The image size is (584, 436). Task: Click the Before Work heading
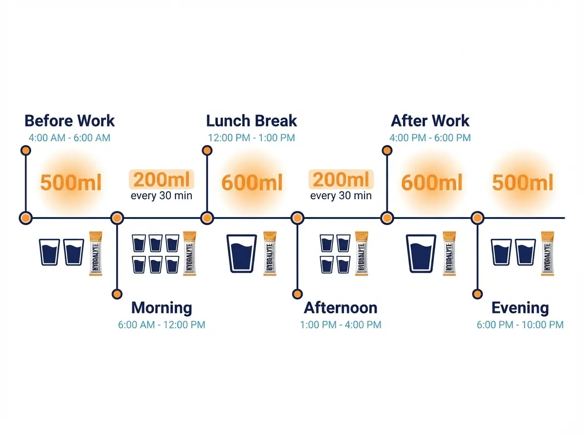coord(70,121)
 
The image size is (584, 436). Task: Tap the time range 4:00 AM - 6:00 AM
coord(70,138)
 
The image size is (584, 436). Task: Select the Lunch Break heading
coord(252,121)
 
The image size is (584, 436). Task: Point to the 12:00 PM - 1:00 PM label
coord(252,138)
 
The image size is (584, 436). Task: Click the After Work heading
coord(430,121)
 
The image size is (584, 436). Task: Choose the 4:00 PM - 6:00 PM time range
coord(430,138)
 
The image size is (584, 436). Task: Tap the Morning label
coord(162,308)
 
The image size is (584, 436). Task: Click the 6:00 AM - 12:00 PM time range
coord(162,325)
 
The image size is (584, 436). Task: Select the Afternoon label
coord(341,308)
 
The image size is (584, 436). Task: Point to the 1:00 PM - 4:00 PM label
coord(341,325)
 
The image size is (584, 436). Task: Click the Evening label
coord(520,308)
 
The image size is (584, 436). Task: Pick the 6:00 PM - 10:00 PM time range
coord(520,325)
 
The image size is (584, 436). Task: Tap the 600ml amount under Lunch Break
coord(252,183)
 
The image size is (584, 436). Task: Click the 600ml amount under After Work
coord(432,183)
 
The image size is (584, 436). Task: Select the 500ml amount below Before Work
coord(71,183)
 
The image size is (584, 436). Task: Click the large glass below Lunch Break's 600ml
coord(242,253)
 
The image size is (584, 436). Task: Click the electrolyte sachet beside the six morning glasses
coord(189,253)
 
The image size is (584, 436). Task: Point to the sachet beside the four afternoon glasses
coord(361,253)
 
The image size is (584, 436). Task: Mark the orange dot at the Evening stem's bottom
coord(477,294)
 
